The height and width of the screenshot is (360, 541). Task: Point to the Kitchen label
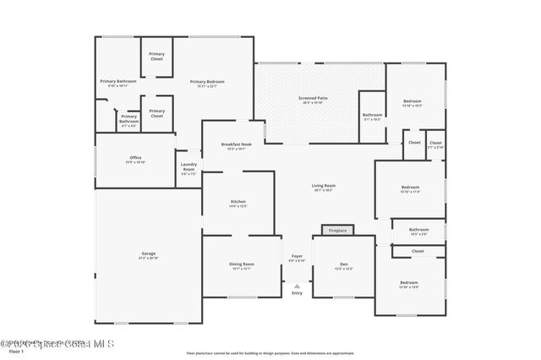point(238,202)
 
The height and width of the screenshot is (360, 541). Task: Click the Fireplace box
point(337,230)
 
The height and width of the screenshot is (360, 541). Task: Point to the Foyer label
point(297,257)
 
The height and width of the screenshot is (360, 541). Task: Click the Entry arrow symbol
point(297,286)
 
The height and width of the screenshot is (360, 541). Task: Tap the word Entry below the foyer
point(297,292)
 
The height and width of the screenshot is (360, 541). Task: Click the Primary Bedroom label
point(207,82)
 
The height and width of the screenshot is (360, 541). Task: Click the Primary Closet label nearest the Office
point(157,112)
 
